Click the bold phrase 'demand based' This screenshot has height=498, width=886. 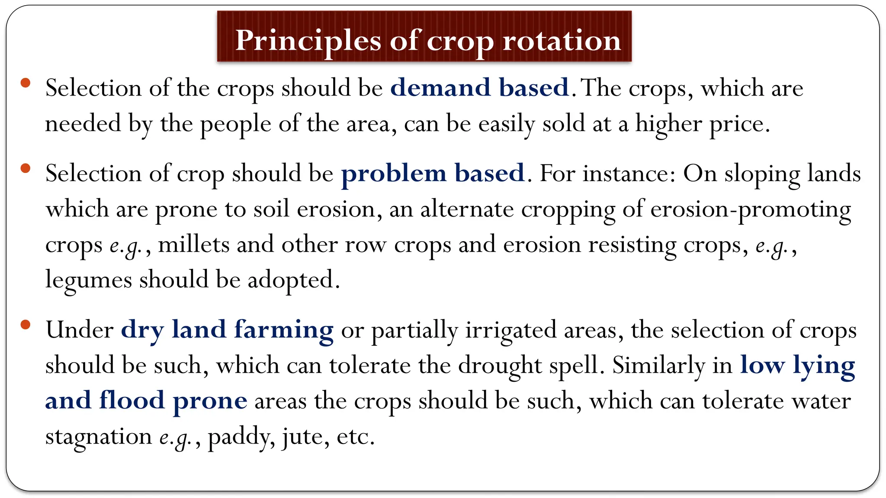click(x=479, y=88)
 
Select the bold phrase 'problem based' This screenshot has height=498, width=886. click(x=433, y=173)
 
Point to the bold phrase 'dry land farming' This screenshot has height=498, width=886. click(x=227, y=330)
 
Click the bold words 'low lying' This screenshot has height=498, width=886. click(x=797, y=365)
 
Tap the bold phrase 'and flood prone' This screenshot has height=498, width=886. click(x=146, y=401)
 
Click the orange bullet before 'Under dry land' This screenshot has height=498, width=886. click(x=26, y=325)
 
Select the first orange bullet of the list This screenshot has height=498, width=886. click(x=26, y=83)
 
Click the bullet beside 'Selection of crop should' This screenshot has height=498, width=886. click(x=26, y=168)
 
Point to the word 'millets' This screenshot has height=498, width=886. click(x=193, y=245)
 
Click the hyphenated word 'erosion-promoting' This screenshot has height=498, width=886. click(x=751, y=210)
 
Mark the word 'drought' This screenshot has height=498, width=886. click(x=500, y=365)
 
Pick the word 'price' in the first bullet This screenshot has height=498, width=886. click(x=739, y=124)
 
